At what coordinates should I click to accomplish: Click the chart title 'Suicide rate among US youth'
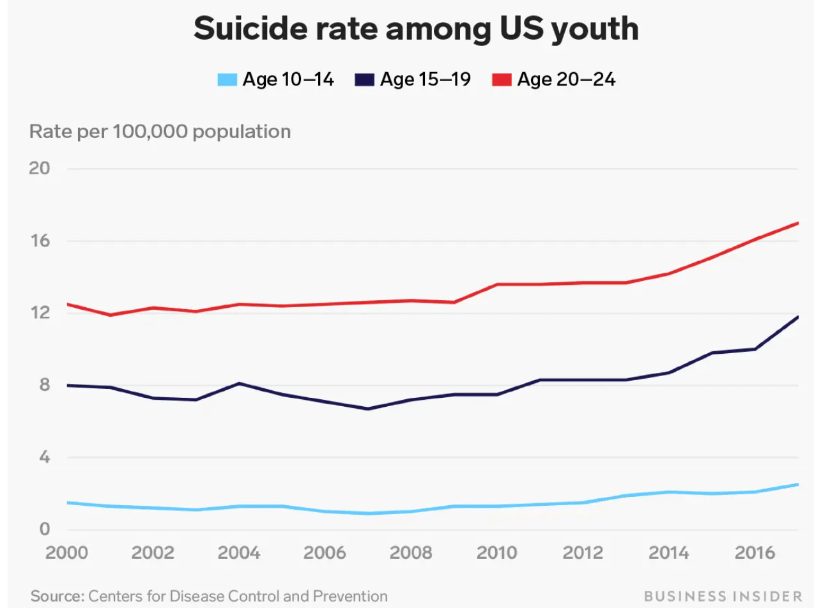[416, 29]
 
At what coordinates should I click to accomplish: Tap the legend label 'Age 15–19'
[425, 80]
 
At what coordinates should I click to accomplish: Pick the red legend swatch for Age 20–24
[502, 80]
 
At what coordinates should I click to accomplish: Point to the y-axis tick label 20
[40, 169]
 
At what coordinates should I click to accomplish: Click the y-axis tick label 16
[40, 241]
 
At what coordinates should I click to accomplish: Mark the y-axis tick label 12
[40, 313]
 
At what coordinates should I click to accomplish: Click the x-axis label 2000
[66, 552]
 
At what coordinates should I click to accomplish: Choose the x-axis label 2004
[238, 552]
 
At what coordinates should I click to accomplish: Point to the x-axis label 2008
[410, 552]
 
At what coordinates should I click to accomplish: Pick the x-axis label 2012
[581, 552]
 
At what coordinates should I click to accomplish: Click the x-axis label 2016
[753, 552]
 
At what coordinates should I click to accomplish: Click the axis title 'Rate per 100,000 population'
[160, 132]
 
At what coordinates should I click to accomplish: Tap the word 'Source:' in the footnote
[58, 597]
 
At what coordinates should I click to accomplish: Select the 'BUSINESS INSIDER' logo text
[723, 597]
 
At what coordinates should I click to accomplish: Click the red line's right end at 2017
[798, 223]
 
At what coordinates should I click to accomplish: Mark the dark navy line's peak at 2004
[239, 383]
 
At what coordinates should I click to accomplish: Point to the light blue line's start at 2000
[68, 503]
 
